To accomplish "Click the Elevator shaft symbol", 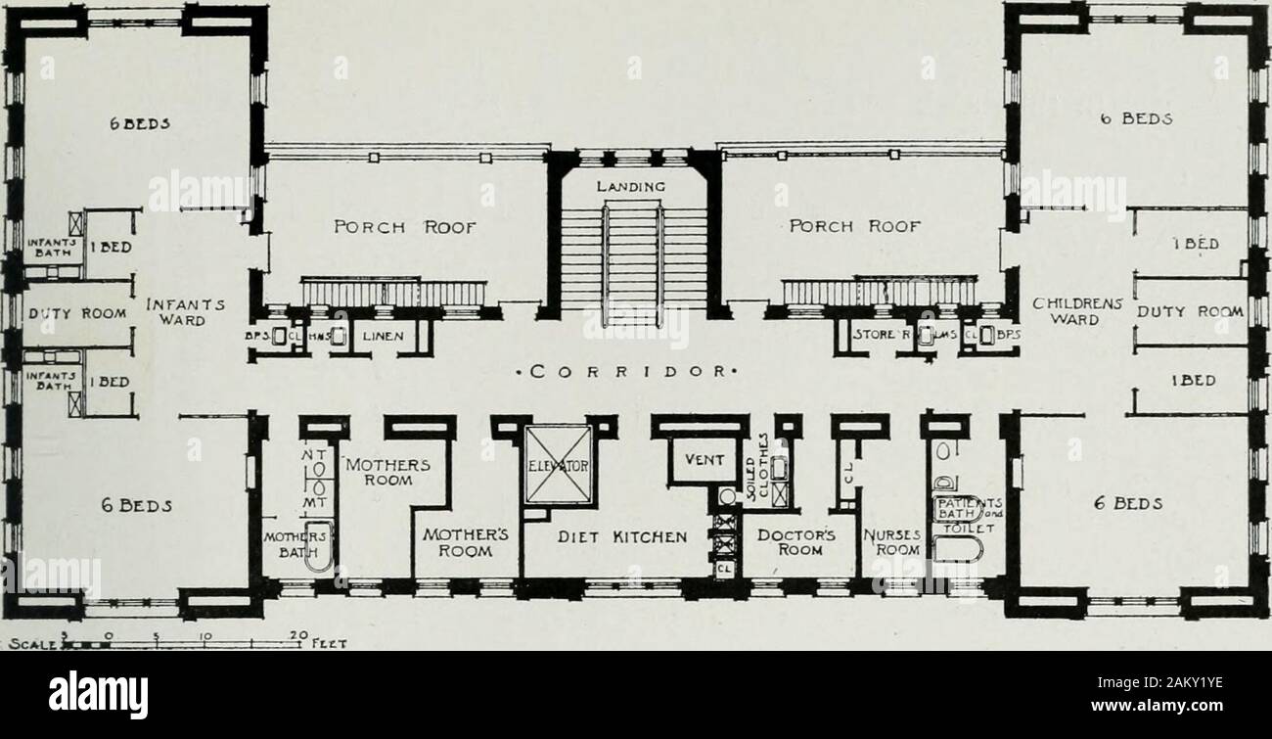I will coord(558,464).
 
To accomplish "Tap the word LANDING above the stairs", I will coord(631,185).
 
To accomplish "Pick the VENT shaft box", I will coord(705,459).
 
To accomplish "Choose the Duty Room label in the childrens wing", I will coord(1189,312).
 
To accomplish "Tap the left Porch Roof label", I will coord(404,227).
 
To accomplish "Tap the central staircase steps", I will coord(633,254).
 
